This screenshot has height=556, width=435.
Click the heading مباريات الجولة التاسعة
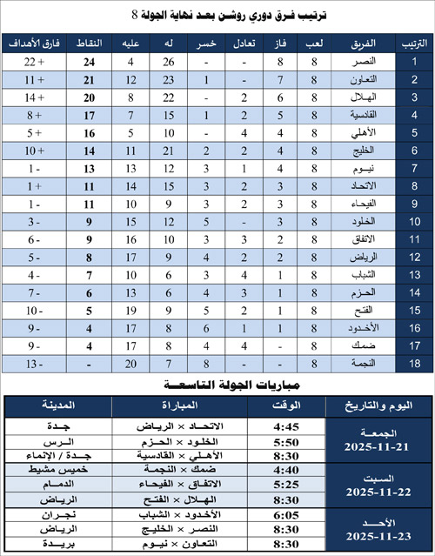click(218, 384)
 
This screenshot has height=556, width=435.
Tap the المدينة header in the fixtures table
click(57, 405)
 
